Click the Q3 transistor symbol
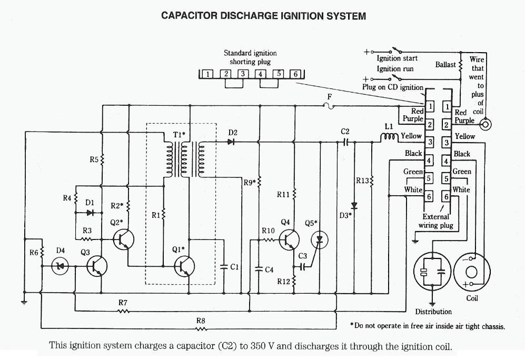pos(97,266)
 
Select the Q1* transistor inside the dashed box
pos(185,266)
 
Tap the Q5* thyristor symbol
pos(318,240)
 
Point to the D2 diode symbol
pos(231,141)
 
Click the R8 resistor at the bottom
pos(201,329)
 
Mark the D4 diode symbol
pos(60,266)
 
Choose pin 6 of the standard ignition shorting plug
pos(295,74)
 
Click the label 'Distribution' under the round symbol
pos(433,312)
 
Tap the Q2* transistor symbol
pos(123,239)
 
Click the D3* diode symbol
pos(354,205)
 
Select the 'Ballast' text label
pos(445,65)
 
